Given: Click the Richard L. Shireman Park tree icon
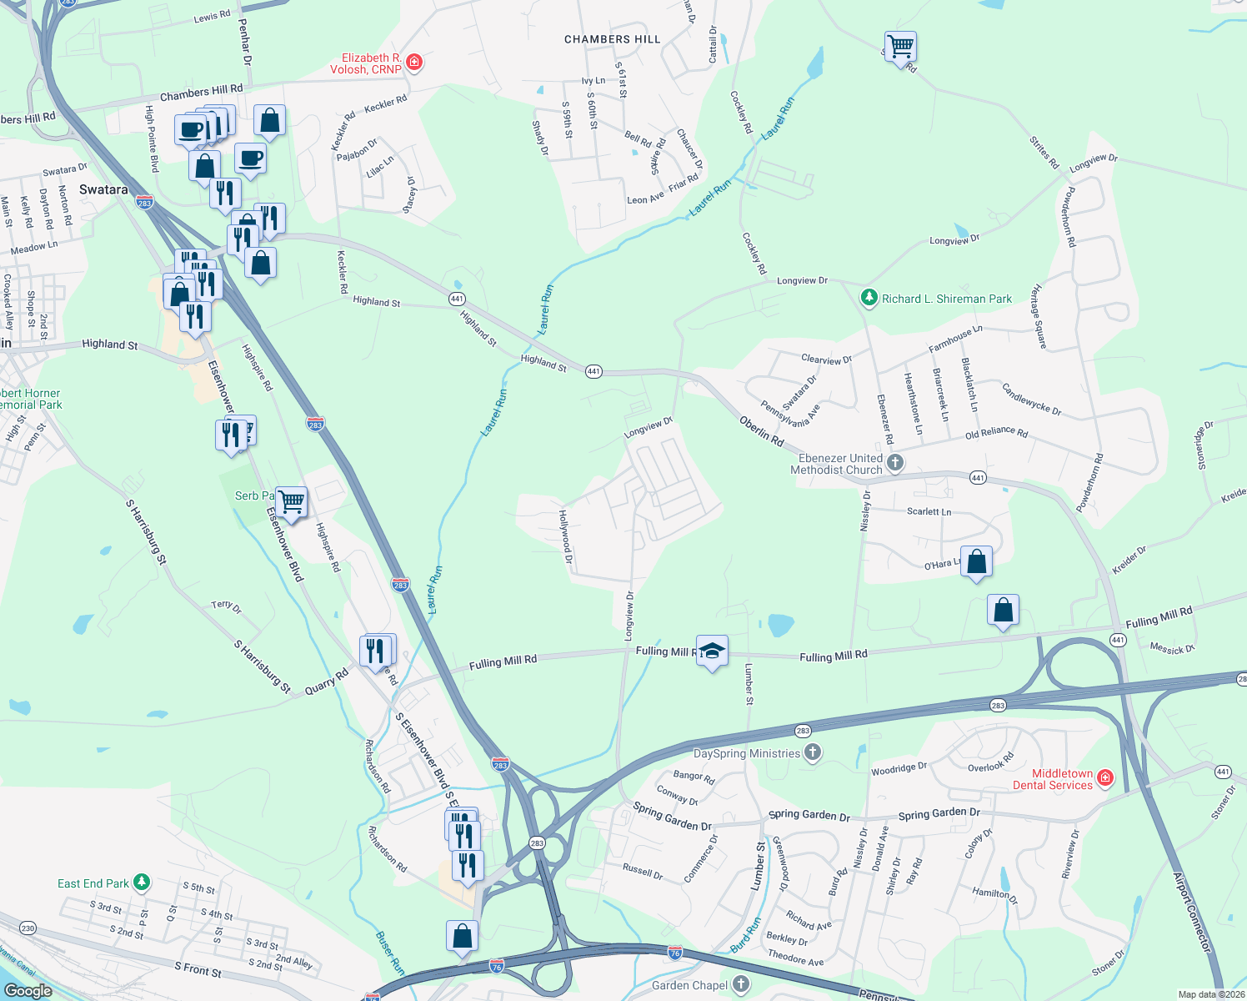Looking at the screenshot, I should pyautogui.click(x=869, y=299).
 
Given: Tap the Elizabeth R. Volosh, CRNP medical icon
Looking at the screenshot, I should pyautogui.click(x=413, y=63).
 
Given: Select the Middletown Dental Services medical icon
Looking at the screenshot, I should pyautogui.click(x=1105, y=778).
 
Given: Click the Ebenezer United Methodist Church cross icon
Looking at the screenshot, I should pyautogui.click(x=895, y=463).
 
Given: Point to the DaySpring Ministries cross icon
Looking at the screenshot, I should pyautogui.click(x=813, y=753).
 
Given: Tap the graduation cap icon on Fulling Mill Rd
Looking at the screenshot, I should pyautogui.click(x=712, y=651).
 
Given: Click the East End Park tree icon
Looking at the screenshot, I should pyautogui.click(x=142, y=882).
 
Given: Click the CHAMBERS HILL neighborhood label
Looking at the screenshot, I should pyautogui.click(x=612, y=39).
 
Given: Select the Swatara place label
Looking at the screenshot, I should pyautogui.click(x=103, y=189).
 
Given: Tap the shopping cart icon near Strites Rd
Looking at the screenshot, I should pyautogui.click(x=900, y=47).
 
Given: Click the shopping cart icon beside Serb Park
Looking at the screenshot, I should pyautogui.click(x=291, y=502).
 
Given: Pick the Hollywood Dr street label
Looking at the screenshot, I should pyautogui.click(x=566, y=537).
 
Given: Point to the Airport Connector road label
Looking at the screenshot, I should pyautogui.click(x=1191, y=913).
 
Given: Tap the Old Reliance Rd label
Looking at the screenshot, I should pyautogui.click(x=996, y=434).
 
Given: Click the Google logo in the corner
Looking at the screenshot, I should pyautogui.click(x=28, y=990).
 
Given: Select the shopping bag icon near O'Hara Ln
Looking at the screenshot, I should pyautogui.click(x=976, y=562).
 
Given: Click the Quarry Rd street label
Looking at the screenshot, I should pyautogui.click(x=327, y=682).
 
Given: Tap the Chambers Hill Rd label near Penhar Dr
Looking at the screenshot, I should pyautogui.click(x=201, y=92).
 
